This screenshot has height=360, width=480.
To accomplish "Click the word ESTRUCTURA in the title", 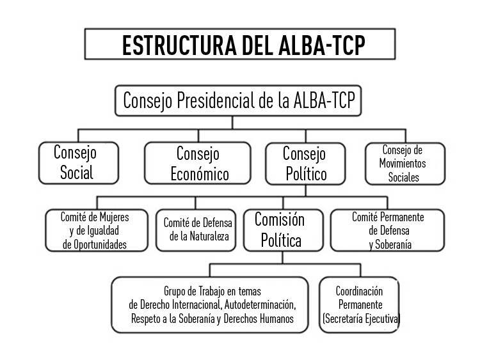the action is [179, 45].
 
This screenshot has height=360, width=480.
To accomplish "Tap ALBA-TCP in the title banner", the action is [322, 45].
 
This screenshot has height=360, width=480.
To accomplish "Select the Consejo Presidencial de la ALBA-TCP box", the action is [238, 100].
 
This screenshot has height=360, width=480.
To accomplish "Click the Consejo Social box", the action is [79, 163].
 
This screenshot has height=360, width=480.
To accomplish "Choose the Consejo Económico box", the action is [198, 163].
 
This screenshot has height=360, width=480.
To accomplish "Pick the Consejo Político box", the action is [305, 164].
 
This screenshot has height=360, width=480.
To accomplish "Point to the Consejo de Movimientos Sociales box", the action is [405, 164].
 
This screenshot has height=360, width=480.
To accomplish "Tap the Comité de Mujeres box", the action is [97, 230].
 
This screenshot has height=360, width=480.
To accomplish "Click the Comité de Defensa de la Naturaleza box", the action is [196, 230].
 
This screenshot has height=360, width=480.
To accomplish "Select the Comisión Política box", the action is [283, 230].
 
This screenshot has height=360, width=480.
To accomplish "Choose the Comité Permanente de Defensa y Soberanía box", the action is [388, 230].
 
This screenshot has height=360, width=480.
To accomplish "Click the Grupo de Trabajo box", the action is [210, 304].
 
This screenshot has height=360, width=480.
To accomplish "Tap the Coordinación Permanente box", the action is [359, 304].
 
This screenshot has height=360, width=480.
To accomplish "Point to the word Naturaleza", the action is [209, 236].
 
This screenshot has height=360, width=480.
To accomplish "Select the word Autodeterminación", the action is [260, 305].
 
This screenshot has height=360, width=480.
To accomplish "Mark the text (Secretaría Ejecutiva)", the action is [361, 318].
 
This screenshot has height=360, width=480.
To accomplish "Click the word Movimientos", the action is [403, 163].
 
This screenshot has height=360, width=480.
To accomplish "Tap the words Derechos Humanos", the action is [259, 318].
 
